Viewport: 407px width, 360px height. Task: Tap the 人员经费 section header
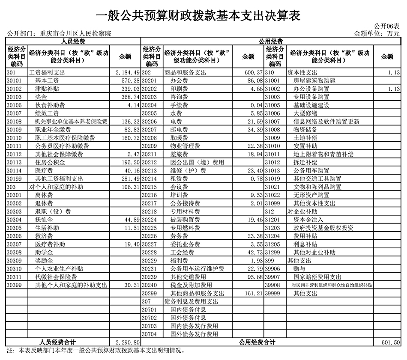(x=73, y=42)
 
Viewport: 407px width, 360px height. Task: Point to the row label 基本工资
(x=47, y=80)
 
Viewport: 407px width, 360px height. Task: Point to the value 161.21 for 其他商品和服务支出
(x=252, y=294)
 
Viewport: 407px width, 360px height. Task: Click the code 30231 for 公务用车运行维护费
(x=150, y=269)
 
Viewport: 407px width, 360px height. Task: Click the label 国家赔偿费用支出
(x=317, y=277)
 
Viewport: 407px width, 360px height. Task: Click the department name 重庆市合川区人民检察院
(x=75, y=33)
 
